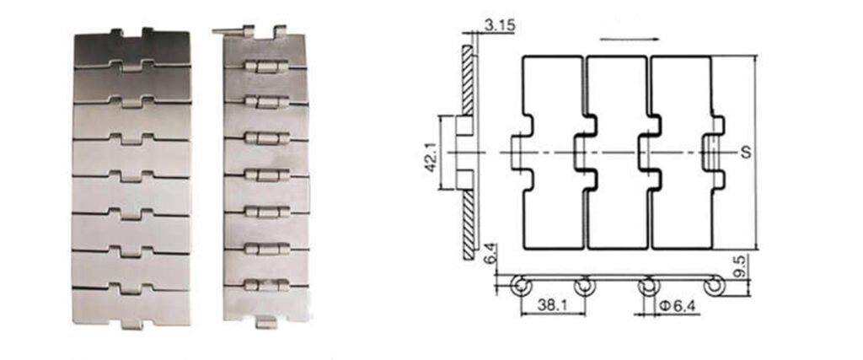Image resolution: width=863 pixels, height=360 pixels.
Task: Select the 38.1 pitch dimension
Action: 553,305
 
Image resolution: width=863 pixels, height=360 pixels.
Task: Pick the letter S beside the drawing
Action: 746,153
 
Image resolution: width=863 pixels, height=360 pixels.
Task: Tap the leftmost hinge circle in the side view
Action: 520,287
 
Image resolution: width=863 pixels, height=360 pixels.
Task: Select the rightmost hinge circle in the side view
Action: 713,287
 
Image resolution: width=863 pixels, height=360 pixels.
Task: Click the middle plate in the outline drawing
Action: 617,153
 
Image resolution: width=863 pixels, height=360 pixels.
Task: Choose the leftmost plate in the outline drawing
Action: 553,153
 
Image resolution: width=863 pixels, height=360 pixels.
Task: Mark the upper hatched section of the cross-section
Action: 467,80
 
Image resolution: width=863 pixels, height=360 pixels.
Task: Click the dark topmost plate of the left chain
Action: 132,48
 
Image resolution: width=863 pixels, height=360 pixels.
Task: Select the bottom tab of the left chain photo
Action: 132,325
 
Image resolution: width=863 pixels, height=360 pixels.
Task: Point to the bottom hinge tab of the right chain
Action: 266,323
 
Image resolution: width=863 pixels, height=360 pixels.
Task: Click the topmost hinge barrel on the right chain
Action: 267,67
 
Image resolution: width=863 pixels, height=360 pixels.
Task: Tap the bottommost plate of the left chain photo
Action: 131,305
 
